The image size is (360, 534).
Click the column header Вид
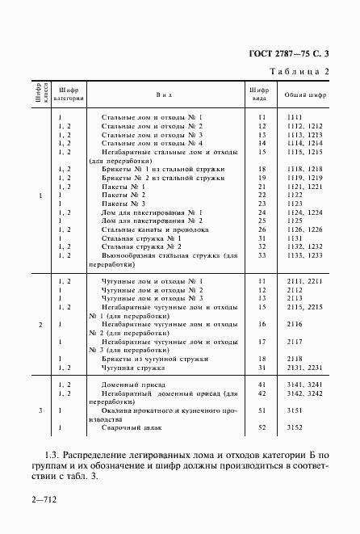pos(164,94)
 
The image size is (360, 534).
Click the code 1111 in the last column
pos(295,118)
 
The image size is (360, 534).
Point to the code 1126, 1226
pos(304,229)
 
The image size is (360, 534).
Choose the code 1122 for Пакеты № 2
pos(295,196)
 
